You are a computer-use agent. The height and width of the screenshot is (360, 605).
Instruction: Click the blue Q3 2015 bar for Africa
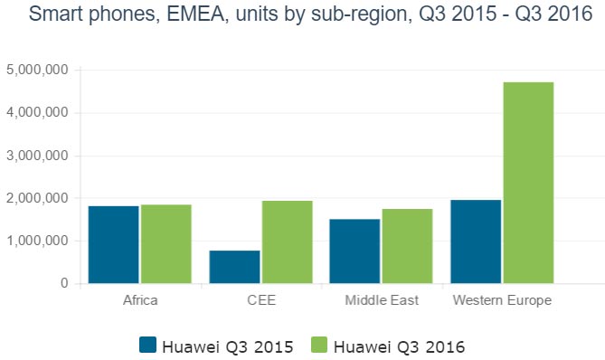click(113, 244)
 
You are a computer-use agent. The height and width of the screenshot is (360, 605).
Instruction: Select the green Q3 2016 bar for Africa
click(165, 243)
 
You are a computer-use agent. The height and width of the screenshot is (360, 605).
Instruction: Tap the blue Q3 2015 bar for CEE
click(234, 267)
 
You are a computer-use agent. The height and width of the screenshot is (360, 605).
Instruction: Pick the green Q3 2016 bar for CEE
click(287, 242)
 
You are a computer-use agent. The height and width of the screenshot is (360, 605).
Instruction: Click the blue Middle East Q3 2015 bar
click(355, 251)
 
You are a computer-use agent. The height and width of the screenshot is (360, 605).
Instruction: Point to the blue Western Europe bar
click(476, 242)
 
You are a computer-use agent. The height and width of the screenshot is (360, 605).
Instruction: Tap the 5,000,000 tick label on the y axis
click(37, 70)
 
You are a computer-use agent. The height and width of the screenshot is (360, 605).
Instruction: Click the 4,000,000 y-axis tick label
click(37, 113)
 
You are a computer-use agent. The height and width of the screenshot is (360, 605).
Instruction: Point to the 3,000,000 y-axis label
click(37, 156)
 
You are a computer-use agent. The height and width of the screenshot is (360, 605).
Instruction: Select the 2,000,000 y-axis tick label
click(37, 198)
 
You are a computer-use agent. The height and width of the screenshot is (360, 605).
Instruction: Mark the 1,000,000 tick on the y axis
click(37, 241)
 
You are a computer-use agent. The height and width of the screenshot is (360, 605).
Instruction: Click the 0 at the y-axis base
click(64, 283)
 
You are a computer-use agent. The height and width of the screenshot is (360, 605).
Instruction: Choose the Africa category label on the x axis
click(139, 300)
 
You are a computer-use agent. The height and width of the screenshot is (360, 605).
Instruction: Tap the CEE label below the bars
click(260, 300)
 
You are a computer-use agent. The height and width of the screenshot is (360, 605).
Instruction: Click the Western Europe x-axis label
click(502, 300)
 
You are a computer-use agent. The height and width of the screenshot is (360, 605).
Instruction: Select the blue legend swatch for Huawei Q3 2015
click(148, 345)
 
